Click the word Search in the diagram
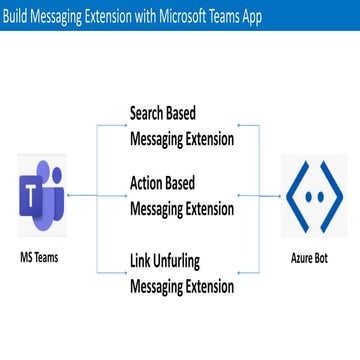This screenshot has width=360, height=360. point(152,114)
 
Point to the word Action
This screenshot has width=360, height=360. point(151,185)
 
